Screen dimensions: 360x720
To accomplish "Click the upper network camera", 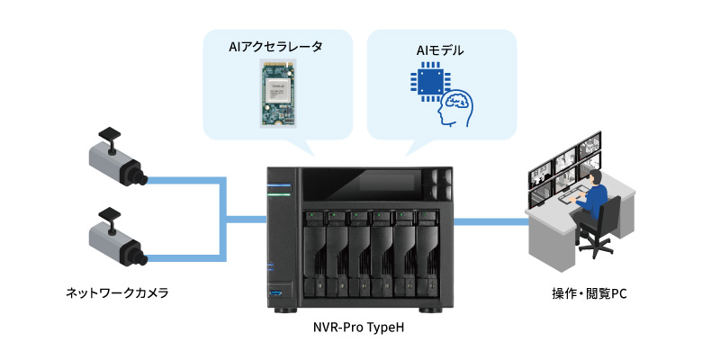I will click(x=117, y=162).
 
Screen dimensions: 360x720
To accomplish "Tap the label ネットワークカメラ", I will click(x=117, y=293).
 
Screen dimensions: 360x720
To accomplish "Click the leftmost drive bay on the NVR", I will click(x=313, y=252).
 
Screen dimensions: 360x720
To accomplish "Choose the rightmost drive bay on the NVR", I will click(x=426, y=252).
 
